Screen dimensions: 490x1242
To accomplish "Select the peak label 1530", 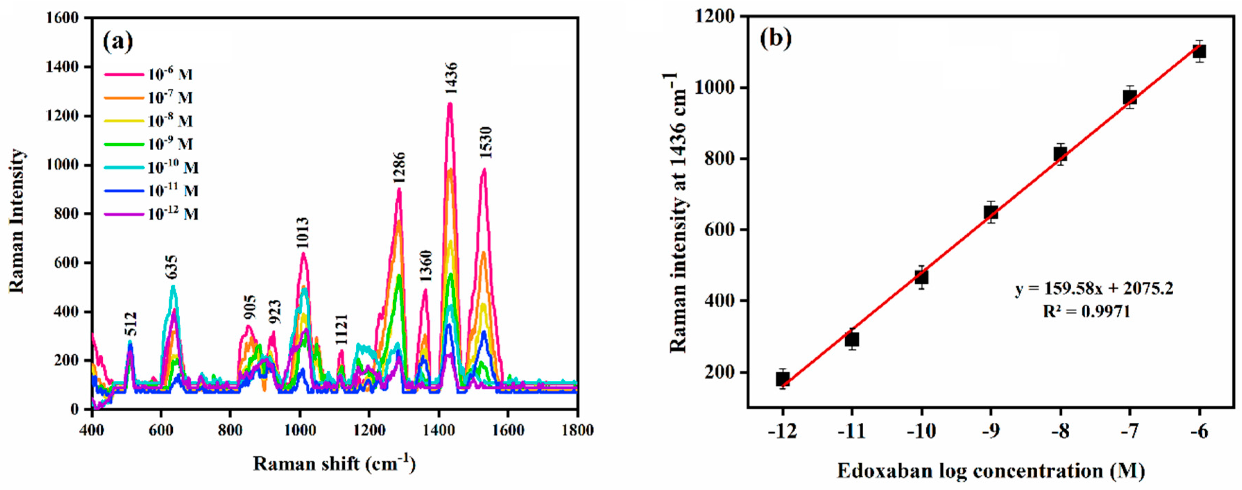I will coord(486,142).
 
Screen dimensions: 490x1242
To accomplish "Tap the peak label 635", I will coord(171,268).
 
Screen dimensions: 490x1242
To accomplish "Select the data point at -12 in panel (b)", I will coord(782,379).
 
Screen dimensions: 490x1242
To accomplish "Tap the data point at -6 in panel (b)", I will coord(1199,51).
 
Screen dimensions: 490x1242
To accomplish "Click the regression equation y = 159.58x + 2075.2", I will coord(1094,288).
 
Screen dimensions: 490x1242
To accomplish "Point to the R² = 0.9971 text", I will coord(1087,312).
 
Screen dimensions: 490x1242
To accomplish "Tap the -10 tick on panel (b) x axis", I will coord(921,431).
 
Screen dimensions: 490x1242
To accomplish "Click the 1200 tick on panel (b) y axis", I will coord(715,17).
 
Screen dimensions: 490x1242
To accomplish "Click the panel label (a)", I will coord(118,42).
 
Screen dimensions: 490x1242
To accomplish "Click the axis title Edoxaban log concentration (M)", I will coord(991,470).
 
